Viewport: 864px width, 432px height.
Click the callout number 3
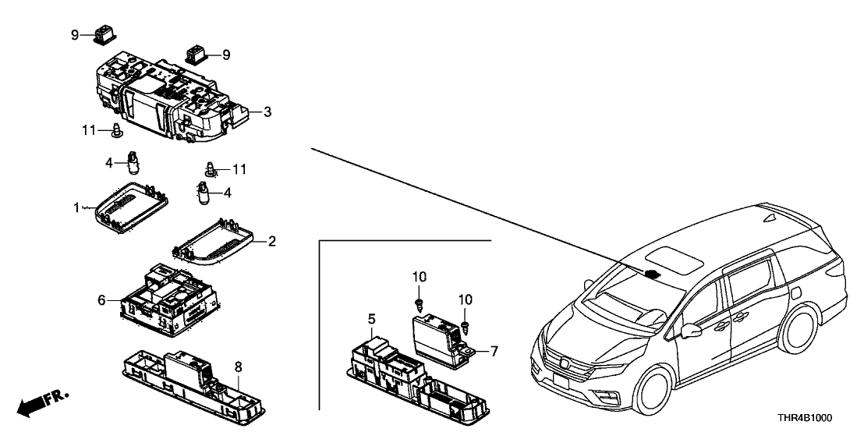pos(267,113)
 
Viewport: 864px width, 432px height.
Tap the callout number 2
pos(271,243)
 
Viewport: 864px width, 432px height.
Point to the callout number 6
pos(101,299)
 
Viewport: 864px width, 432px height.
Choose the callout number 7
pos(493,352)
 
